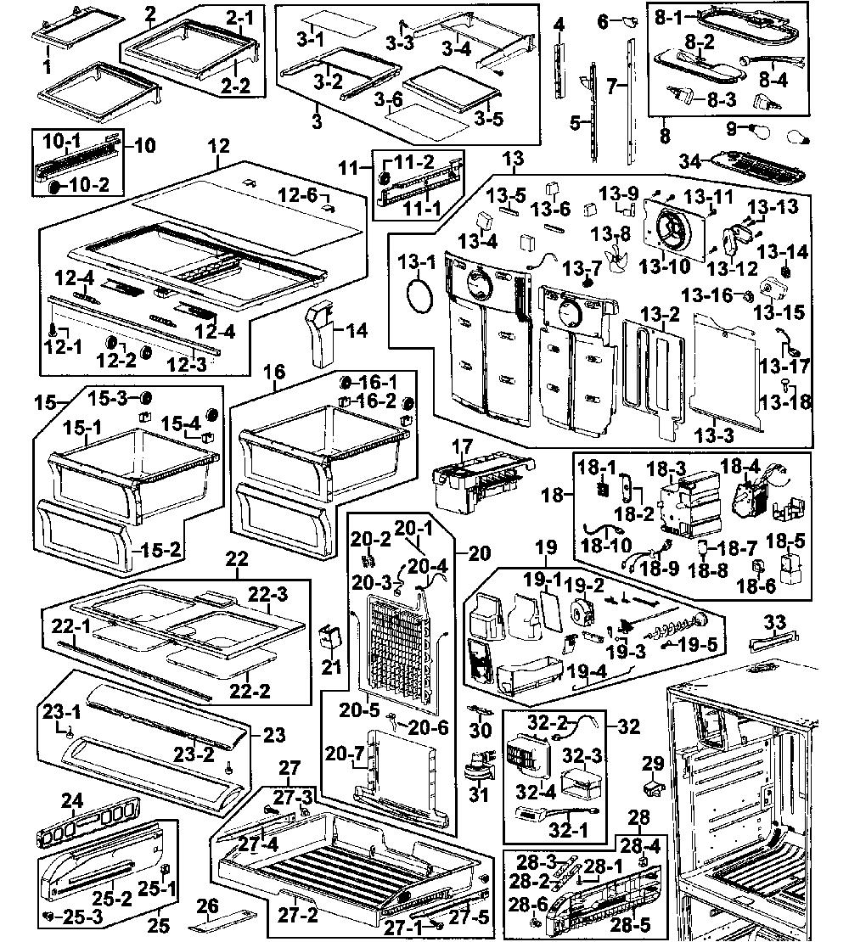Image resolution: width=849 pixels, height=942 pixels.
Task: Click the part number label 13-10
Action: [664, 266]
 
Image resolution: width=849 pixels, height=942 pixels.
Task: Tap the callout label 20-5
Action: [359, 710]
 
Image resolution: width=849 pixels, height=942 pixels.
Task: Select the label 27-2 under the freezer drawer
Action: [297, 915]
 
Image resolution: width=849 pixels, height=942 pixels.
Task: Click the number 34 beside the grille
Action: [690, 161]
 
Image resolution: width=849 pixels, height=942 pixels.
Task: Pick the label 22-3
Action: [268, 594]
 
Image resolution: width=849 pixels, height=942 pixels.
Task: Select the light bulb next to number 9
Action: [756, 128]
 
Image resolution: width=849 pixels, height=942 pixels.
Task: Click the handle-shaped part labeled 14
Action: [320, 334]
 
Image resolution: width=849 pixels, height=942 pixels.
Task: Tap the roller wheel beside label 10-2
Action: [54, 186]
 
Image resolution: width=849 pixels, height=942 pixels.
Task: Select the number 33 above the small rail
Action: [774, 622]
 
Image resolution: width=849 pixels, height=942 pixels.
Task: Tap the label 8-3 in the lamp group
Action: [722, 99]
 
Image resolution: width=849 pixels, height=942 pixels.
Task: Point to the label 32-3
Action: [582, 755]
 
